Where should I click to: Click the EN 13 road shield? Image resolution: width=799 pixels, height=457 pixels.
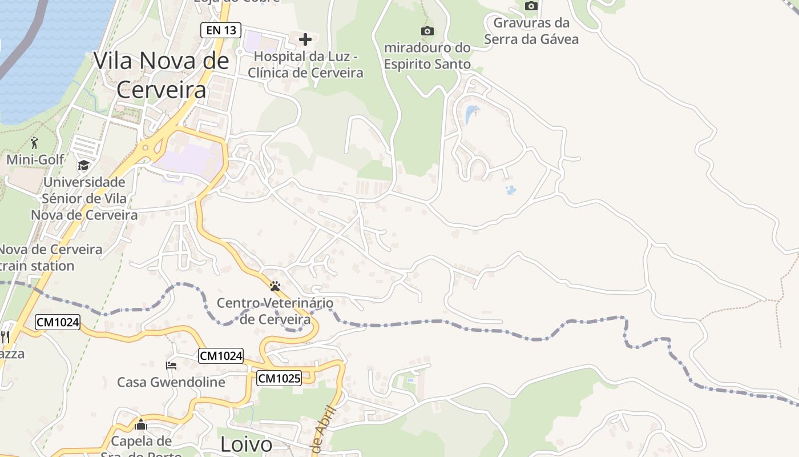coord(221,30)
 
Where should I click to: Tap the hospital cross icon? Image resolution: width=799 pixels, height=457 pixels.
coord(305,39)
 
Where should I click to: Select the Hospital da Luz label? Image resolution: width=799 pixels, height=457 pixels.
coord(305,65)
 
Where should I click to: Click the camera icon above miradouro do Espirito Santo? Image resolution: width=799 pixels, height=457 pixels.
coord(427,31)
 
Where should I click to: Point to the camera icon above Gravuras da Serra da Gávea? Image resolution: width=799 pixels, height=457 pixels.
coord(531,6)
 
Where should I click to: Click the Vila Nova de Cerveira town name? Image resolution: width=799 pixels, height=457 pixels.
coord(162,75)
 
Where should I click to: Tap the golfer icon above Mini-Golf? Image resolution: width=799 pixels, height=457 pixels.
coord(35,142)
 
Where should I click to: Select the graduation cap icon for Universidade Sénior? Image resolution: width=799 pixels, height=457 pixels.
coord(84,166)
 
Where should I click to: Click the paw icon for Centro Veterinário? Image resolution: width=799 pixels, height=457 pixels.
coord(275,286)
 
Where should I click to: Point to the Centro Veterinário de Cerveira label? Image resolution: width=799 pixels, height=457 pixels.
coord(275,311)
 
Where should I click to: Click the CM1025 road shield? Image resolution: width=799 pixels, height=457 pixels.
coord(279,378)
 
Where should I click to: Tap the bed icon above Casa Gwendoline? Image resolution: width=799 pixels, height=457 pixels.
coord(171,365)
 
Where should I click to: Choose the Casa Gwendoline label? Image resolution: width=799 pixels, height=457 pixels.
coord(171,382)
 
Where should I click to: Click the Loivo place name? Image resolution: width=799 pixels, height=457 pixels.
coord(246,444)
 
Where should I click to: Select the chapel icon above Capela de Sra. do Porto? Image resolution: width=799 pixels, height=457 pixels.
coord(141,424)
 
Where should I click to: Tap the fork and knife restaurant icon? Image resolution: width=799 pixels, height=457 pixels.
coord(5,336)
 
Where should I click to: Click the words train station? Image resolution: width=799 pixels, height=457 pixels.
coord(37,266)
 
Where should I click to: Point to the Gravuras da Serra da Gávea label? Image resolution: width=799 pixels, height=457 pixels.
coord(531,31)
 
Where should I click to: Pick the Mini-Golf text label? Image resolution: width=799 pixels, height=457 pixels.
coord(35,159)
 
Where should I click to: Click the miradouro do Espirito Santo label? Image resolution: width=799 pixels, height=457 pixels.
coord(427,56)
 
